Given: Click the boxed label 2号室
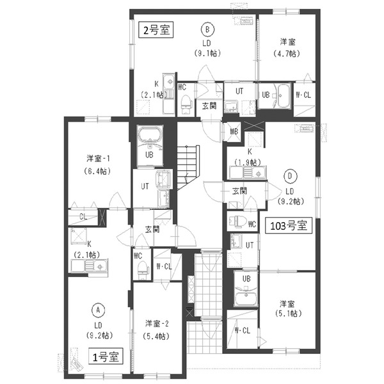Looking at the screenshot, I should point(156,30).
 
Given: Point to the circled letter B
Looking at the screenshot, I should point(207,29).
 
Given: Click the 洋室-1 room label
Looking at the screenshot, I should point(99,158).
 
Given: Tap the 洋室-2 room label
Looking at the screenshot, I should point(157,323).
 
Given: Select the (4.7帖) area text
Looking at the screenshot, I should point(286,55).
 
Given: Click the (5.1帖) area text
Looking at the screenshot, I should point(286,314).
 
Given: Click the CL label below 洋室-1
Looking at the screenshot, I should point(84,216).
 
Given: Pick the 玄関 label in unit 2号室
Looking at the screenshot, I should point(209,106).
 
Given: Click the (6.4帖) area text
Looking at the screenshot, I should point(99,172).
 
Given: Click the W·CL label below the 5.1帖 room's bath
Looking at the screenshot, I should point(241,331).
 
